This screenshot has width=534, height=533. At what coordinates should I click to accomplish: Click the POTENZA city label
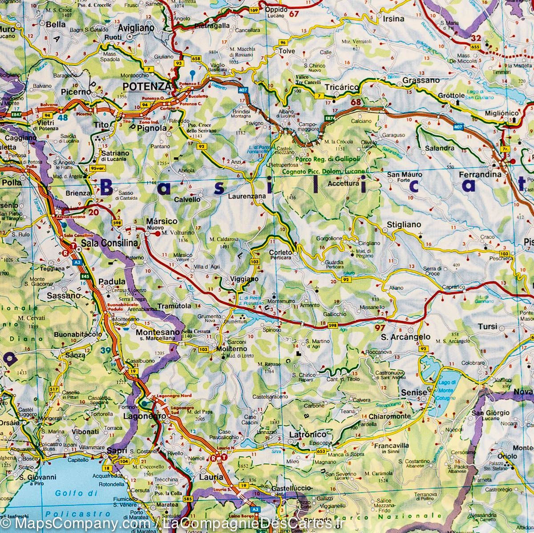[146, 86]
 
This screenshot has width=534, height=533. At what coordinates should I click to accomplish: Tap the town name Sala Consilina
[109, 243]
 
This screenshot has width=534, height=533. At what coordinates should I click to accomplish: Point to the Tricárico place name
[341, 88]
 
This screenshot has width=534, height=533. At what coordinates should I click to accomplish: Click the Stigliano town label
[404, 225]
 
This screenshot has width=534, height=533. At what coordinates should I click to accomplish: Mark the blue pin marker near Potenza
[192, 74]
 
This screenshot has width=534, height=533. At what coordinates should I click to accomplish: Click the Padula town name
[109, 282]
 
